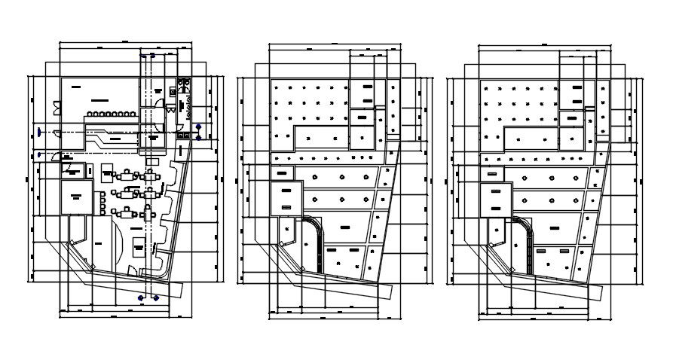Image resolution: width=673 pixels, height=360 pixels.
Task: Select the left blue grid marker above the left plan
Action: tap(141, 56)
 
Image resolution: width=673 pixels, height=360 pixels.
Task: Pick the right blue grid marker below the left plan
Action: tap(156, 297)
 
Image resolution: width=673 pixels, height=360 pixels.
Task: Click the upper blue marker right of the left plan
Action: tap(198, 127)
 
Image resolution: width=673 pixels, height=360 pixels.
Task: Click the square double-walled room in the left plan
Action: tap(76, 196)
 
